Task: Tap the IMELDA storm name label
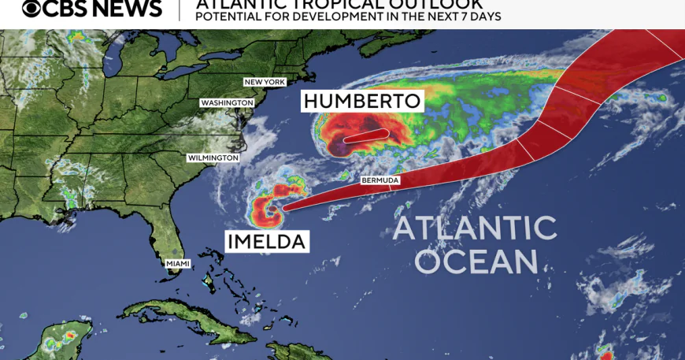265,241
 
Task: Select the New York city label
265,82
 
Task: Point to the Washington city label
228,102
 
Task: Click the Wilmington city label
213,158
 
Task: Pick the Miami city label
177,263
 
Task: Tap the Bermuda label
380,180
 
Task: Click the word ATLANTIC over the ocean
475,228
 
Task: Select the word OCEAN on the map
476,261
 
